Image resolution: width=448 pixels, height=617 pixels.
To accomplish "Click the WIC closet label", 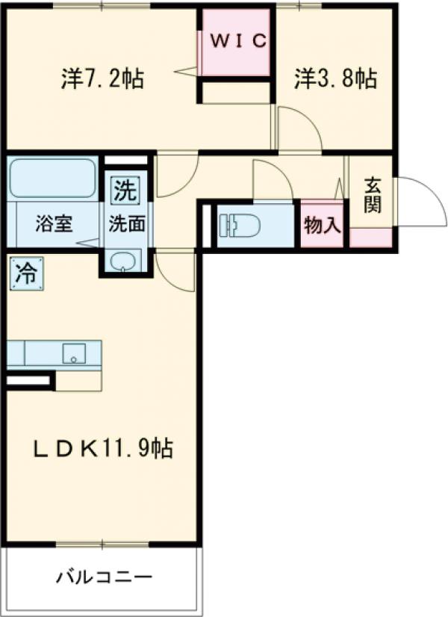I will coord(237,42).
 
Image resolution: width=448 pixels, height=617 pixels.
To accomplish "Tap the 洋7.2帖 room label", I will coord(102,78).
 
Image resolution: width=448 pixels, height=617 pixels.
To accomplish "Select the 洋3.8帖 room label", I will coord(335,78).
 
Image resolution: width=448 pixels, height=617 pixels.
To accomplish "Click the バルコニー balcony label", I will coord(105,577).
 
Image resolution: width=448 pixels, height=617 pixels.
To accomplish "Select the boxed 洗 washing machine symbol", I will coord(125,191).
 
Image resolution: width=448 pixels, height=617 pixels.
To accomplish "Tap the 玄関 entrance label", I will coord(372,196).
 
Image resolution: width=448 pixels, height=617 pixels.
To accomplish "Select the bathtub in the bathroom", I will coord(52,179).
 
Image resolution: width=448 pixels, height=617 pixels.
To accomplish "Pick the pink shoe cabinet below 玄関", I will coord(370,238).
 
